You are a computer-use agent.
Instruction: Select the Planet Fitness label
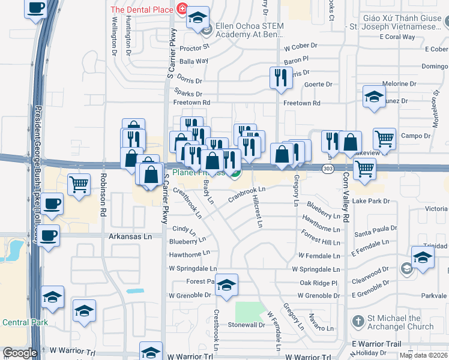198,173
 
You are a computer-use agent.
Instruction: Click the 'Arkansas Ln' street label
130,236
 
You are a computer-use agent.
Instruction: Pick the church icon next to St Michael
358,322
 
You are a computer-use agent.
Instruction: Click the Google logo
19,353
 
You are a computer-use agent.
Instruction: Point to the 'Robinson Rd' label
103,195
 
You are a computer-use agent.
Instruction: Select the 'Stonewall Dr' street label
246,325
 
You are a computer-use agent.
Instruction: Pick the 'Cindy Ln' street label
184,229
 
